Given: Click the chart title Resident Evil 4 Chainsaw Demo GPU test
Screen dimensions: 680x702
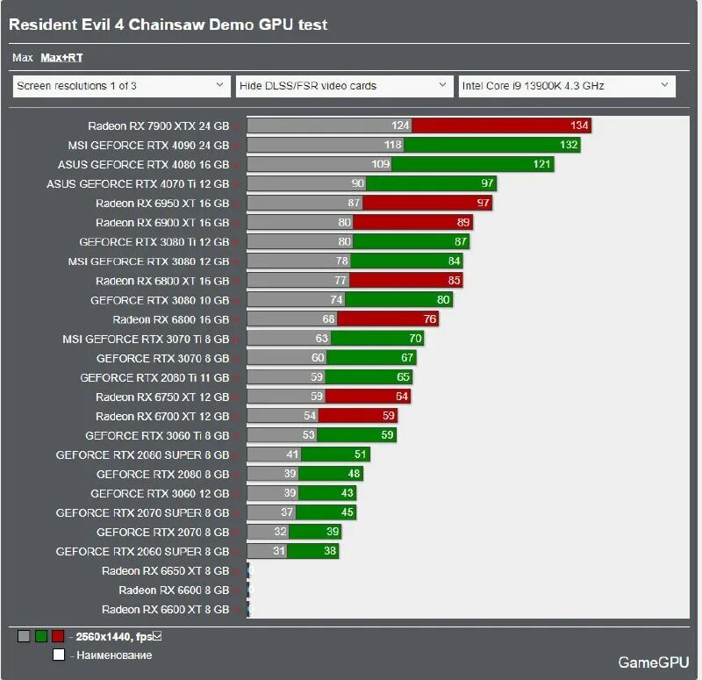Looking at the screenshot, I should click(168, 25).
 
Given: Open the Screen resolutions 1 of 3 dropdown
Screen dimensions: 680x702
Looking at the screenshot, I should click(121, 86).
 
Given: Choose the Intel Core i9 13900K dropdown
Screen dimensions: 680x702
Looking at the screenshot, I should click(567, 86).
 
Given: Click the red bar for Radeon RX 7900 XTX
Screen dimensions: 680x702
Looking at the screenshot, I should click(502, 125).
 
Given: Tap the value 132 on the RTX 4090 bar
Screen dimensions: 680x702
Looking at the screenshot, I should click(569, 145).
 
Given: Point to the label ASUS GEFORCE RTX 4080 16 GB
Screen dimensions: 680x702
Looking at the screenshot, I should click(143, 164).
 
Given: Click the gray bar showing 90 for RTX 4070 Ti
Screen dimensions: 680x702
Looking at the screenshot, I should click(306, 183).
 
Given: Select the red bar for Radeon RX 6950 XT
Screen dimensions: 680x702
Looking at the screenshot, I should click(427, 203).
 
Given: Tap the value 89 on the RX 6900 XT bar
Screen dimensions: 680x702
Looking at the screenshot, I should click(464, 223).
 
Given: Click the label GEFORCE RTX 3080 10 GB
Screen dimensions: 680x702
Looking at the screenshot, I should click(160, 300).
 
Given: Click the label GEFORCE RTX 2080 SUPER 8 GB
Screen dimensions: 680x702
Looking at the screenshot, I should click(142, 455).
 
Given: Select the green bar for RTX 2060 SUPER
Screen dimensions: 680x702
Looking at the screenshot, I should click(312, 551).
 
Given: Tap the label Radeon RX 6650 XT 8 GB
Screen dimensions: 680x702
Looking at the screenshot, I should click(165, 570).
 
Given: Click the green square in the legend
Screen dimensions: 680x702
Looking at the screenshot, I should click(40, 636).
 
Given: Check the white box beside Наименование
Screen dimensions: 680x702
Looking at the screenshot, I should click(58, 655).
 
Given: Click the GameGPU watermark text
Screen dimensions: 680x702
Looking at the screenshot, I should click(654, 662).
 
